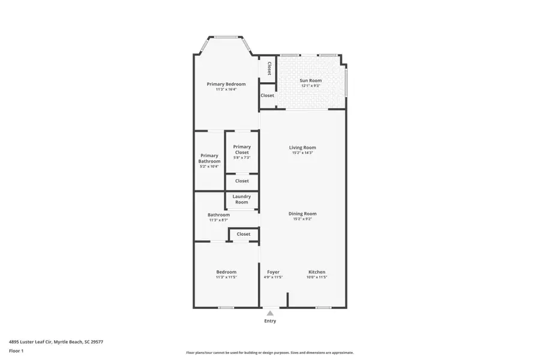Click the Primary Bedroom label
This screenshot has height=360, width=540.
[226, 84]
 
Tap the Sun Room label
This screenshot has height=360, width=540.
[310, 80]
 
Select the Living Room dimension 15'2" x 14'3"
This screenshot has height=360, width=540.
[302, 153]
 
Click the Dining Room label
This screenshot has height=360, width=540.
[302, 214]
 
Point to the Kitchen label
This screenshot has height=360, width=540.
[317, 272]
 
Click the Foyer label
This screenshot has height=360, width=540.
[273, 272]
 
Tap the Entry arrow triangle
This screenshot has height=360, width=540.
[270, 313]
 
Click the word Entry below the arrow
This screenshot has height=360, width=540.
[270, 321]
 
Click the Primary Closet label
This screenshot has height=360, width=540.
[242, 149]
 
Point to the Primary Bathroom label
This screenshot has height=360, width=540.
[209, 158]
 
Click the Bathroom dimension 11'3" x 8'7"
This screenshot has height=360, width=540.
[218, 220]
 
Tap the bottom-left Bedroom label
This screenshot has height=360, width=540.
[226, 272]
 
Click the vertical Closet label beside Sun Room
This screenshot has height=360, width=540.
[269, 68]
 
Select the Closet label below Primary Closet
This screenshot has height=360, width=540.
[242, 181]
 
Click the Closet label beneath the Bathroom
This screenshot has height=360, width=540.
[243, 234]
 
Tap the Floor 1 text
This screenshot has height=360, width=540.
[16, 350]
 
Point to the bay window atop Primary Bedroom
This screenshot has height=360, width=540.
[225, 38]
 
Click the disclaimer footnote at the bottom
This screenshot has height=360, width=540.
[269, 353]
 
